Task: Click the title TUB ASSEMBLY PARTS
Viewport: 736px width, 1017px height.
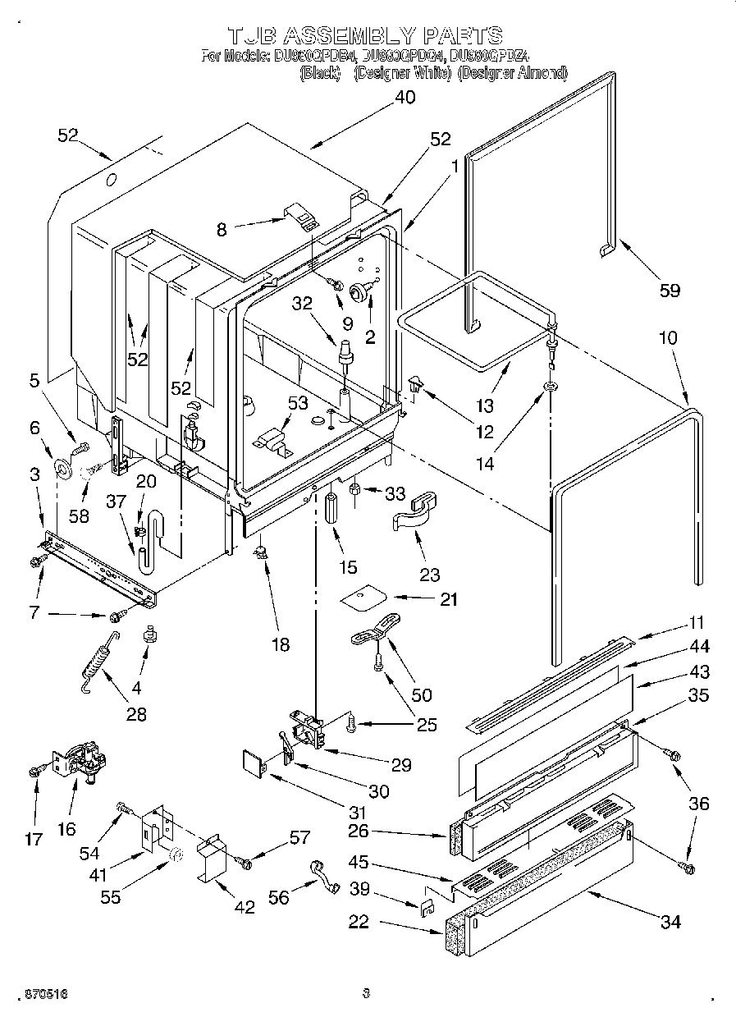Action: [x=365, y=35]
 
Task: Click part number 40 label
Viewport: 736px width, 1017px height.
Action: [x=404, y=97]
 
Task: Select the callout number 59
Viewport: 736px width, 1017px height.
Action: [x=670, y=290]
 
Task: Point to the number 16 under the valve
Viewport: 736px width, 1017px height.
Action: [x=67, y=829]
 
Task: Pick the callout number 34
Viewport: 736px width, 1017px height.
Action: [x=670, y=922]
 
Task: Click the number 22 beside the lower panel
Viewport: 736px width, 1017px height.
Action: [x=358, y=922]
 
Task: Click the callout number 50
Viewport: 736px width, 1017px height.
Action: [x=421, y=694]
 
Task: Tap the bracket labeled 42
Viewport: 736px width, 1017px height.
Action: [x=212, y=859]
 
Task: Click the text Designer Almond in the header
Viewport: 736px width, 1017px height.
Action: [x=512, y=73]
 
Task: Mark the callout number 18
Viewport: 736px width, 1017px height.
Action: [x=280, y=645]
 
